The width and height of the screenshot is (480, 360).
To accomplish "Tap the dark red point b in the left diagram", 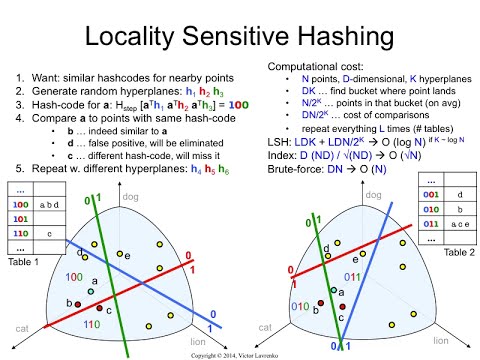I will [x=67, y=302].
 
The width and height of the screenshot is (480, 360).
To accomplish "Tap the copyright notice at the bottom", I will [x=240, y=354].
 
